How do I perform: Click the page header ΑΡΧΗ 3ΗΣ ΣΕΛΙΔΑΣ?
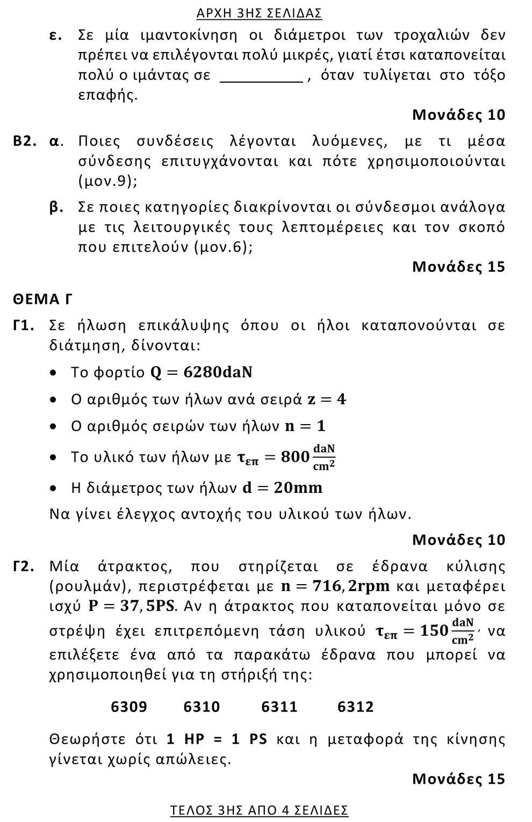pyautogui.click(x=267, y=13)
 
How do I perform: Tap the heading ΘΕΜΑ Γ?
pyautogui.click(x=43, y=299)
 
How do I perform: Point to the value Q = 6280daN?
pyautogui.click(x=202, y=373)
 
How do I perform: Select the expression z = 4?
pyautogui.click(x=326, y=399)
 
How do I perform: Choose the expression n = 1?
pyautogui.click(x=305, y=426)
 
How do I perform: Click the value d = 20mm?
pyautogui.click(x=282, y=488)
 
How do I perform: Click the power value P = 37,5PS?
pyautogui.click(x=132, y=607)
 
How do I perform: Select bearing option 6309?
pyautogui.click(x=129, y=707)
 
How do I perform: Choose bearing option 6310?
pyautogui.click(x=202, y=707)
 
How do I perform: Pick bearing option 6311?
pyautogui.click(x=279, y=707)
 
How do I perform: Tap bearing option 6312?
pyautogui.click(x=356, y=707)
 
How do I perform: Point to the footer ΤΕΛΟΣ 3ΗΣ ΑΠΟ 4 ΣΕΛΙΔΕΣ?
pyautogui.click(x=259, y=810)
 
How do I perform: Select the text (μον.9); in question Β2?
pyautogui.click(x=108, y=181)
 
